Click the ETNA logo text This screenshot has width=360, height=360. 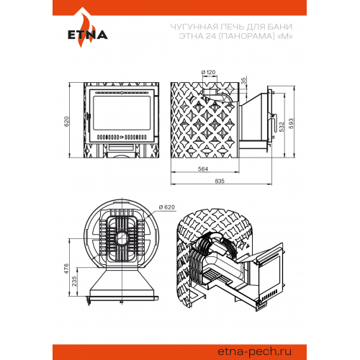88,35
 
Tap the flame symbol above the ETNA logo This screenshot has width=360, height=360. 86,27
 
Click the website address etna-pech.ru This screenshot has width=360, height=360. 255,352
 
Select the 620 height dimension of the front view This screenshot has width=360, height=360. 66,122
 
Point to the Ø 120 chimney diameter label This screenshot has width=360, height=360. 208,72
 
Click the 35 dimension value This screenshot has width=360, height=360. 243,81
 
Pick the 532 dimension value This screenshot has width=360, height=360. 282,127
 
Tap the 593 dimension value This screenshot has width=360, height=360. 291,123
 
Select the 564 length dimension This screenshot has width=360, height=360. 203,169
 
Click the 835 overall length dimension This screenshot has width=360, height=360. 220,181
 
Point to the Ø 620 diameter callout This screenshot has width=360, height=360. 167,207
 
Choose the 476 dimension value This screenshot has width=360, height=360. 66,269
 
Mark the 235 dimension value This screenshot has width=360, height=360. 74,281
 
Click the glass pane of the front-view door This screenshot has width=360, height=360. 122,113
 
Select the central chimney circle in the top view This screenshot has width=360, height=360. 122,238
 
